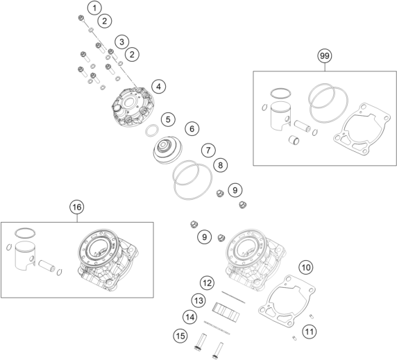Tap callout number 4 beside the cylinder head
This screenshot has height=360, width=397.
click(159, 87)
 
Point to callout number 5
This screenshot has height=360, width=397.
click(167, 119)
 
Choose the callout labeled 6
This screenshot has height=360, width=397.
click(192, 128)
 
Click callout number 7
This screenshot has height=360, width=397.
click(208, 150)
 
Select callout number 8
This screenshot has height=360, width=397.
click(219, 165)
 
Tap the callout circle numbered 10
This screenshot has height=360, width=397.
click(305, 266)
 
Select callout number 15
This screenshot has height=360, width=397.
click(179, 336)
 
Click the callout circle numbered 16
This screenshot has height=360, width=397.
click(77, 206)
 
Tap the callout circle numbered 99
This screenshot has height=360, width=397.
click(323, 55)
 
